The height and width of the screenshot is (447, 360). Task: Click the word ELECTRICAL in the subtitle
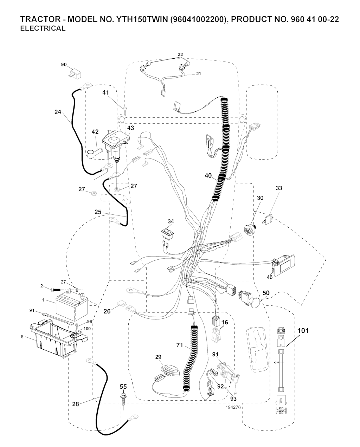(43, 29)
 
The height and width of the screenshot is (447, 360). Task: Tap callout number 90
(64, 65)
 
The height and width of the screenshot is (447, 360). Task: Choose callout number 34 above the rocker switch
(171, 221)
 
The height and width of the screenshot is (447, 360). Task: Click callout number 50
(266, 293)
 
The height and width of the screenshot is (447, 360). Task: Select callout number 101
(303, 331)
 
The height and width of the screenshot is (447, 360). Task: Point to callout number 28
(76, 404)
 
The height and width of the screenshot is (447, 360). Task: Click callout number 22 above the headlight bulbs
(180, 54)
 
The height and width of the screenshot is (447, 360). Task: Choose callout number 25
(98, 212)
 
